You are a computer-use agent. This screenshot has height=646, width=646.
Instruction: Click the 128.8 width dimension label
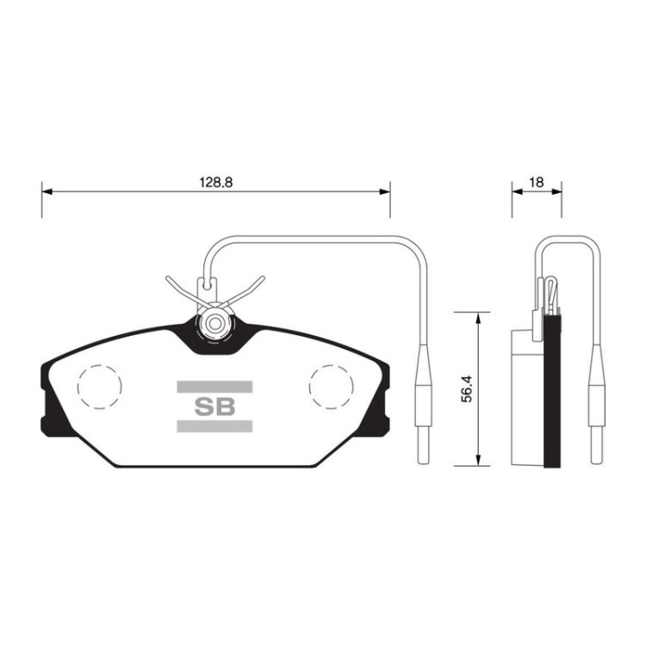216,182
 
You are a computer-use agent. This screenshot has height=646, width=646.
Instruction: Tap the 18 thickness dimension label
537,182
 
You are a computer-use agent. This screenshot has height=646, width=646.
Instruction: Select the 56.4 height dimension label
466,389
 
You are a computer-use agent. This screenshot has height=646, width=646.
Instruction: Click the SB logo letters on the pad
214,407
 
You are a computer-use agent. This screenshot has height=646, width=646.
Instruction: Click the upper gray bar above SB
214,387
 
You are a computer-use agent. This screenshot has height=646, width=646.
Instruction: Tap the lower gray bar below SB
214,426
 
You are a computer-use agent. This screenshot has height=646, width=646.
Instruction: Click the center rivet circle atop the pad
214,324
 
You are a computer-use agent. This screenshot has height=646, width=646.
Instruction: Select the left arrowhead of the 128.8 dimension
47,191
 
